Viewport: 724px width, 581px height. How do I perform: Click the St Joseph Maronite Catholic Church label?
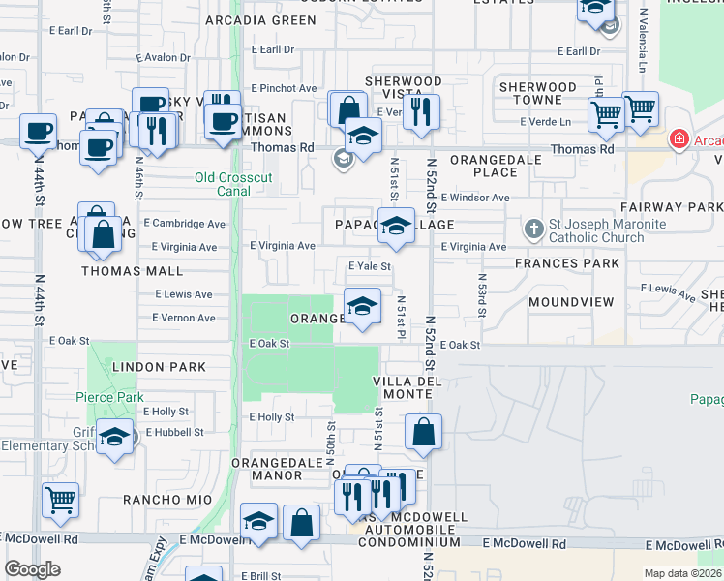pyautogui.click(x=608, y=231)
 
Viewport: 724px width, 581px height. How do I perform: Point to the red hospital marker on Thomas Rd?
pyautogui.click(x=679, y=140)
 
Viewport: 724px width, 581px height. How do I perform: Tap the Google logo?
pyautogui.click(x=33, y=569)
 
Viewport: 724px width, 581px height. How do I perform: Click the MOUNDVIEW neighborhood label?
pyautogui.click(x=571, y=302)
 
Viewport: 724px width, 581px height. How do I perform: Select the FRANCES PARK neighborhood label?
pyautogui.click(x=567, y=263)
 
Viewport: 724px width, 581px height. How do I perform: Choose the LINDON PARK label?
pyautogui.click(x=160, y=367)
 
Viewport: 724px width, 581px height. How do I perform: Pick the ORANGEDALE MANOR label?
pyautogui.click(x=277, y=470)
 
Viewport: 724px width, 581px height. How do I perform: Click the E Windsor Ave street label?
pyautogui.click(x=475, y=198)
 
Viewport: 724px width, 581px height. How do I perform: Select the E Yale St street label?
pyautogui.click(x=369, y=266)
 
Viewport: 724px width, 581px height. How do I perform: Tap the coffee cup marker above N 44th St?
pyautogui.click(x=38, y=131)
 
